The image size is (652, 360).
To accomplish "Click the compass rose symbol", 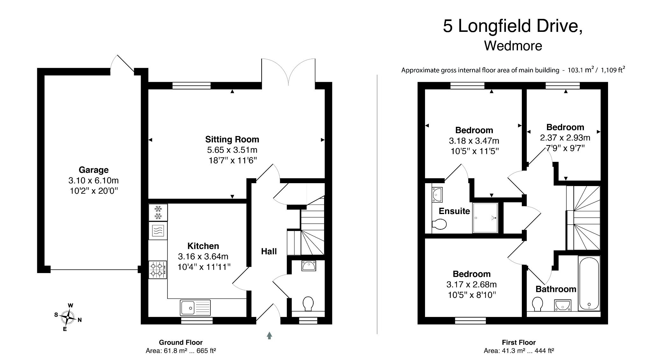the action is pyautogui.click(x=68, y=317).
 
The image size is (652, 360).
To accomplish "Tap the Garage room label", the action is pyautogui.click(x=94, y=170).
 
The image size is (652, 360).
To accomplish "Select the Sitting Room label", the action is pyautogui.click(x=232, y=139).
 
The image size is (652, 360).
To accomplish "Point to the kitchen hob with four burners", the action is pyautogui.click(x=158, y=270).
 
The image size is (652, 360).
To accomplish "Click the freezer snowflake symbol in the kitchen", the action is pyautogui.click(x=158, y=212).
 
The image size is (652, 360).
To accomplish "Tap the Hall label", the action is pyautogui.click(x=269, y=251).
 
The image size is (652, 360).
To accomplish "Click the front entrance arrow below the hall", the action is pyautogui.click(x=269, y=335).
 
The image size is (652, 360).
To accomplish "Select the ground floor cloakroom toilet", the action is pyautogui.click(x=308, y=304).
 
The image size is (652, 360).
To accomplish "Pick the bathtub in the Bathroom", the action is pyautogui.click(x=589, y=284).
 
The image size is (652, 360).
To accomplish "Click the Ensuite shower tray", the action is pyautogui.click(x=485, y=218).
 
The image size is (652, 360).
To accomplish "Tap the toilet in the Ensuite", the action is pyautogui.click(x=439, y=224).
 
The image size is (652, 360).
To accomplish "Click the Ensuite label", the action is pyautogui.click(x=454, y=211).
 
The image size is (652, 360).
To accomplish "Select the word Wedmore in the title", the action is pyautogui.click(x=513, y=46).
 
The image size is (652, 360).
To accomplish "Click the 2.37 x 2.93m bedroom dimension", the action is pyautogui.click(x=565, y=138).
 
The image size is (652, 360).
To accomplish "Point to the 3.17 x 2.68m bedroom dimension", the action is pyautogui.click(x=471, y=284).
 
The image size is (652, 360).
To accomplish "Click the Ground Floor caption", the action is pyautogui.click(x=181, y=342).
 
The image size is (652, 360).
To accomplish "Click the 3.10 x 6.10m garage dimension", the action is pyautogui.click(x=94, y=180).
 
